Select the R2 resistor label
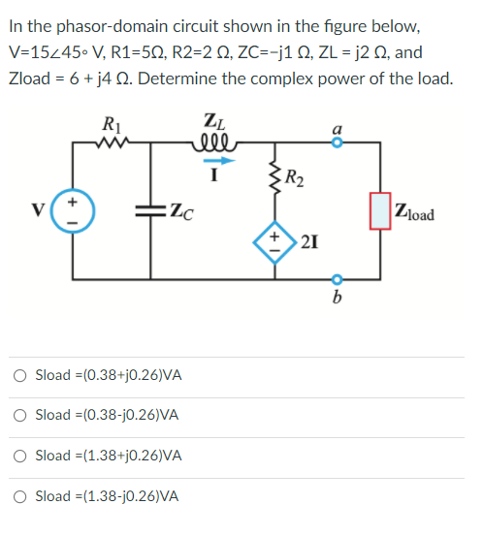click(292, 176)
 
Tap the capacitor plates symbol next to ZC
click(152, 211)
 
